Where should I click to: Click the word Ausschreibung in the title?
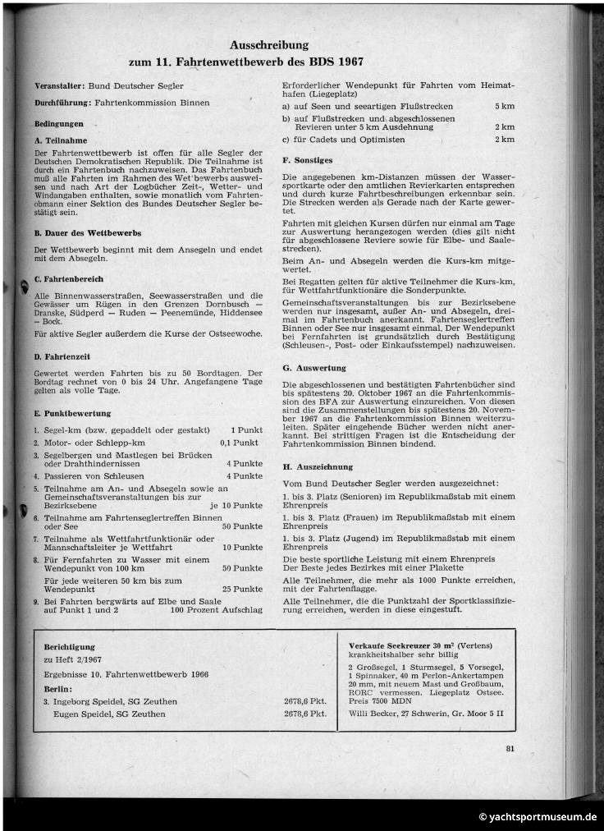[268, 46]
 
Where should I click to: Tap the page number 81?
[510, 747]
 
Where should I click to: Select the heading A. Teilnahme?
[61, 140]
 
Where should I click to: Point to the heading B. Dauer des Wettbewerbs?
[88, 233]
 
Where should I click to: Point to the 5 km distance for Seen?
[505, 108]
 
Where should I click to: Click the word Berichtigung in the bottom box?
[70, 647]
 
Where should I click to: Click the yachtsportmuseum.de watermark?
[538, 817]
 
